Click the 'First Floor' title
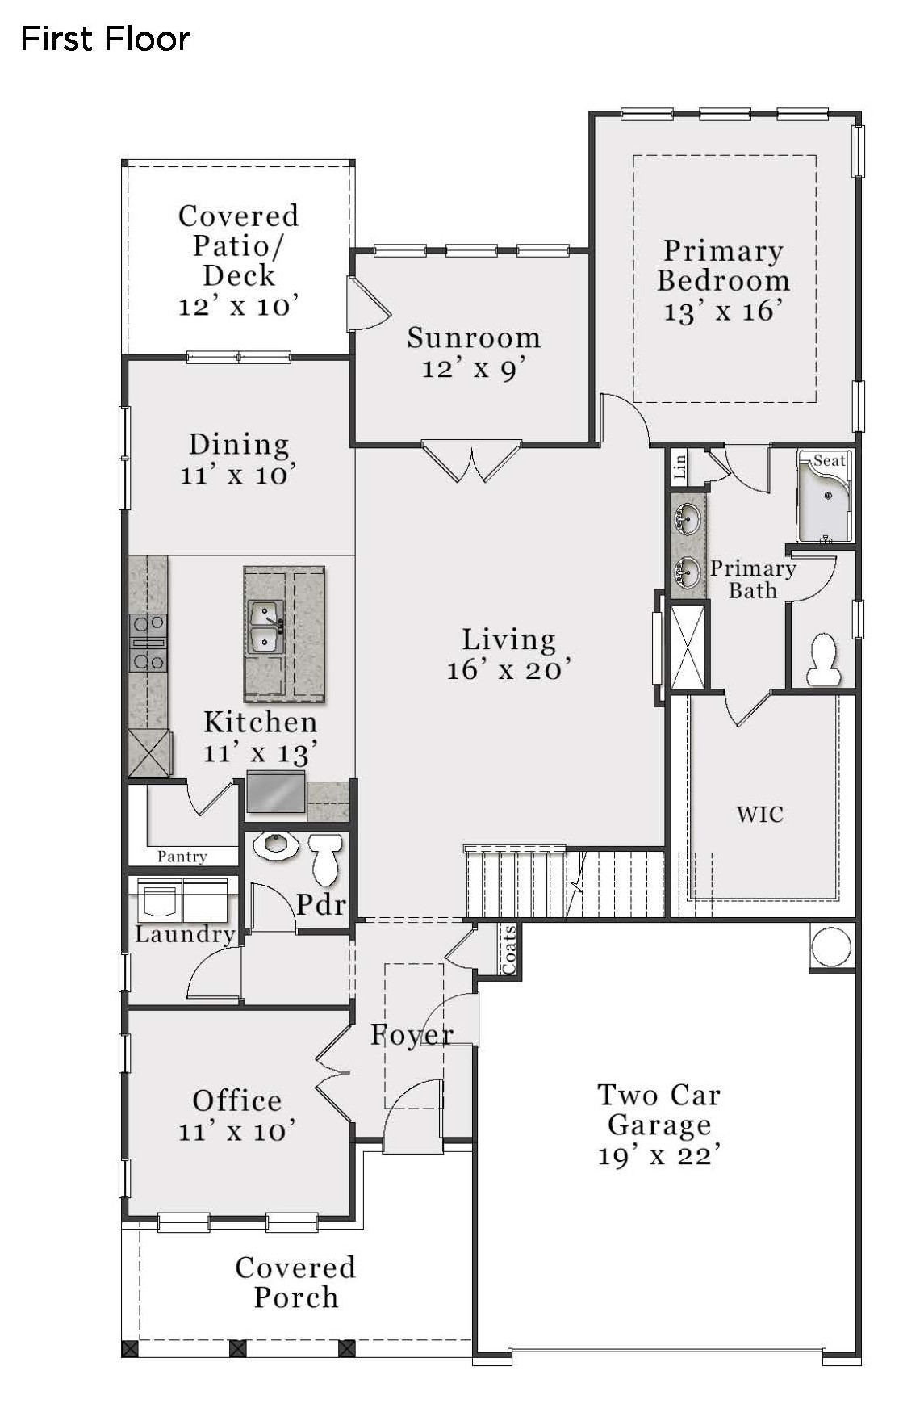click(105, 39)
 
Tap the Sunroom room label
click(474, 337)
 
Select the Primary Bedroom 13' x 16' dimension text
click(723, 312)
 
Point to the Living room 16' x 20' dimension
click(509, 670)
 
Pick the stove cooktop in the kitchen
click(148, 643)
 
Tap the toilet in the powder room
click(326, 859)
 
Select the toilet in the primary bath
click(823, 659)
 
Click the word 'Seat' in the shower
click(829, 461)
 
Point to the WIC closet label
click(760, 814)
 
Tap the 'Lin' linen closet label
click(679, 467)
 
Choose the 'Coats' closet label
click(508, 949)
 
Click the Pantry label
click(182, 856)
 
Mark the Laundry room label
click(185, 934)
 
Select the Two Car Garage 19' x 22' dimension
click(659, 1156)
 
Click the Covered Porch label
click(295, 1282)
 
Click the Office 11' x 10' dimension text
click(237, 1131)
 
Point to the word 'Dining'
click(239, 444)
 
